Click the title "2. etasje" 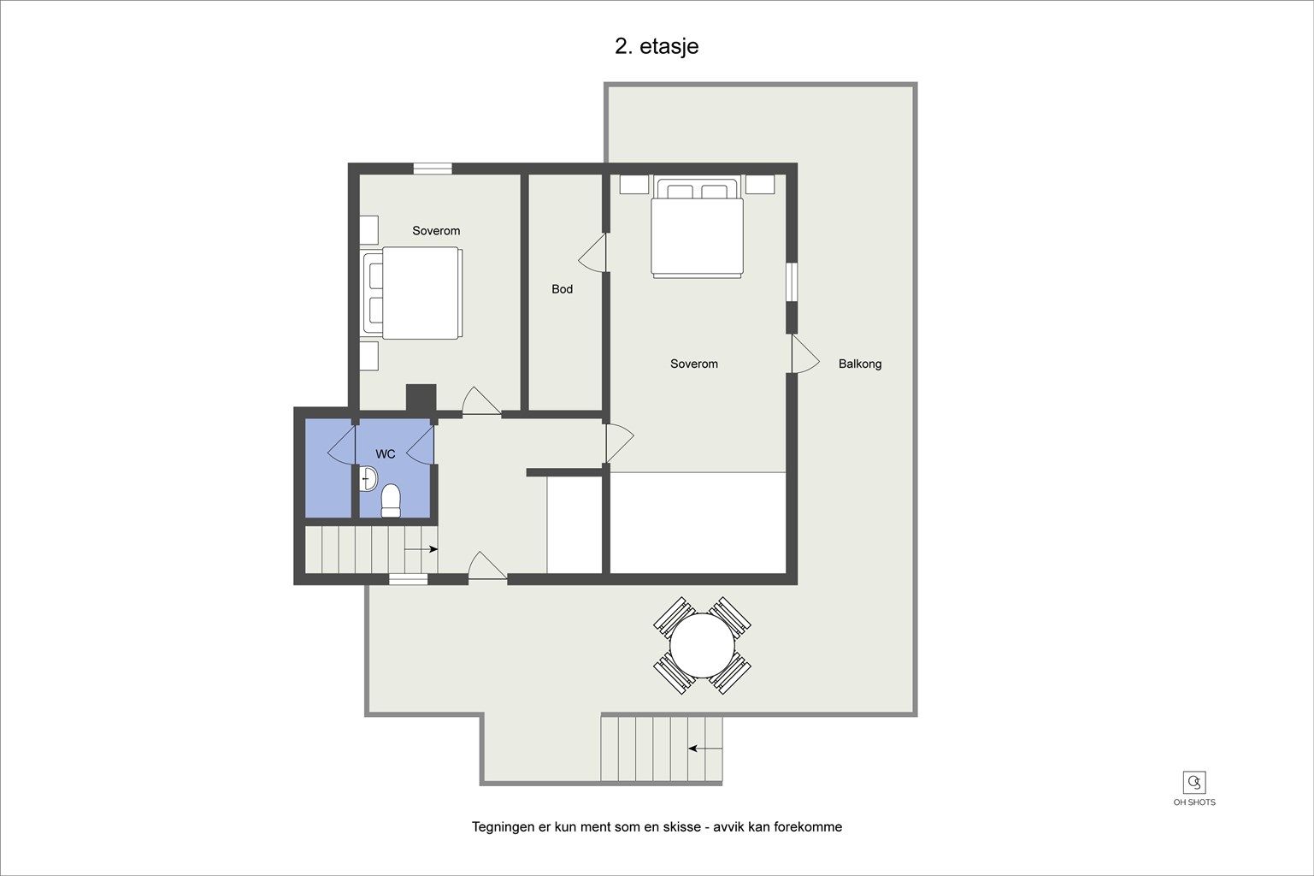point(657,46)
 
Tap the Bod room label point(562,289)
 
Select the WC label point(386,454)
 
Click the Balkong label point(860,364)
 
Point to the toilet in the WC point(391,500)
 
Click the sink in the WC point(368,478)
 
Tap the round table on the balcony point(702,645)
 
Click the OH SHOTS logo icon point(1194,782)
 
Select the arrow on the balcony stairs point(705,749)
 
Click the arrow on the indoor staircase point(421,549)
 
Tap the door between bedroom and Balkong point(805,354)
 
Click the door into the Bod point(592,253)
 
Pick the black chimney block point(421,398)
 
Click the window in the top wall point(433,169)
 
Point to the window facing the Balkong point(792,281)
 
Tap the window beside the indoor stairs point(409,579)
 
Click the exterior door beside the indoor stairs point(487,566)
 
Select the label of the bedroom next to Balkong point(694,364)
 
